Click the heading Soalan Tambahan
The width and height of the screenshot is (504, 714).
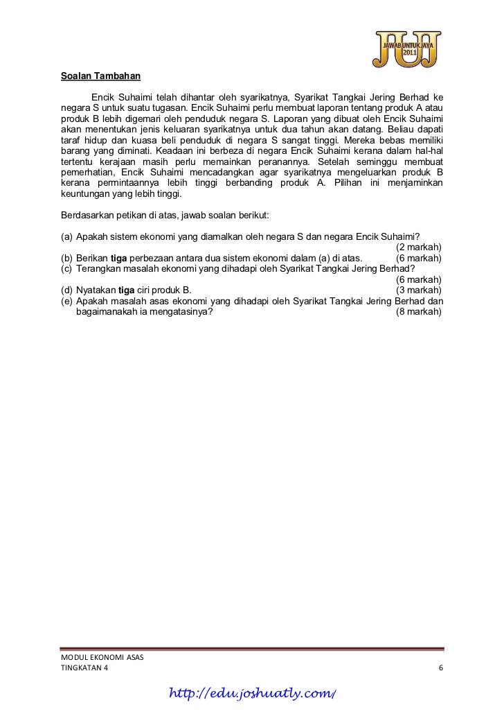click(x=100, y=76)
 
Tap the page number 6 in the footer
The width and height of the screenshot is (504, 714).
click(x=441, y=667)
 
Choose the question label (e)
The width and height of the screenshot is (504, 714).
click(x=67, y=301)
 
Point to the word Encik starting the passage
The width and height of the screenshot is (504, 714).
click(x=102, y=96)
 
